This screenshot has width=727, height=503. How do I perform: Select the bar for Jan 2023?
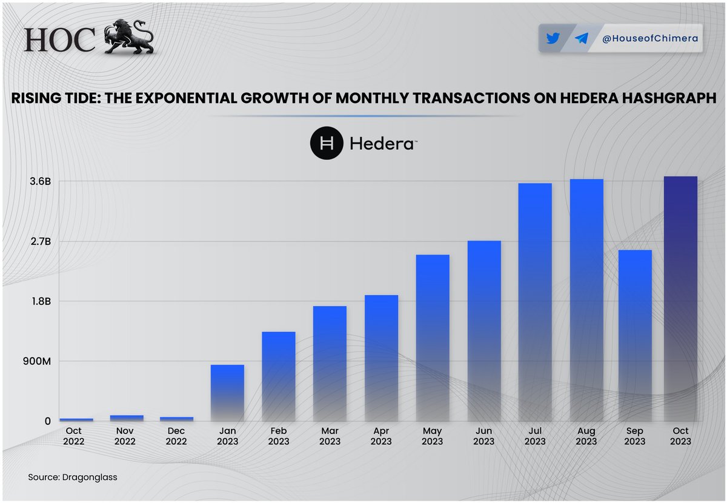(227, 393)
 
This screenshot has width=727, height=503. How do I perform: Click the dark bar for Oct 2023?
(680, 299)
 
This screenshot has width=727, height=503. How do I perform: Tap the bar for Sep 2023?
(635, 335)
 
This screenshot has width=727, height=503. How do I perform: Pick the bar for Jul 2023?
(535, 302)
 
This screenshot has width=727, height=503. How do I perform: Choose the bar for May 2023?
(433, 338)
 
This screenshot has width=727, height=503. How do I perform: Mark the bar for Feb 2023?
(279, 376)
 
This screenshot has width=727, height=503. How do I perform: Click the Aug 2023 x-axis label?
(586, 436)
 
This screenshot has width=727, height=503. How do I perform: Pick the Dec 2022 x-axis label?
(176, 436)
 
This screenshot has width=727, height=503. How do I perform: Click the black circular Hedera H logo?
(327, 144)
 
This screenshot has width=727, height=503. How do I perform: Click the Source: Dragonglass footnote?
(73, 477)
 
